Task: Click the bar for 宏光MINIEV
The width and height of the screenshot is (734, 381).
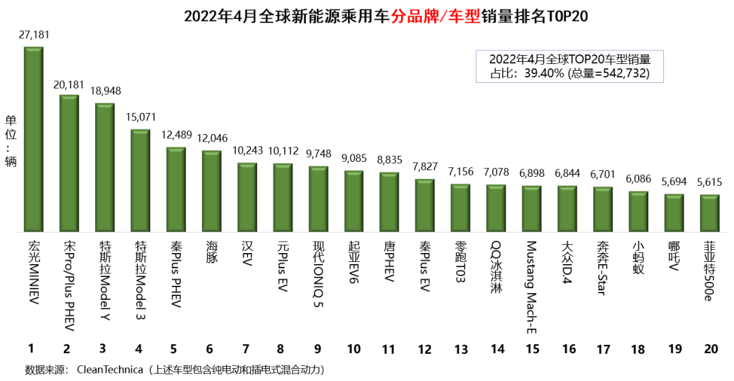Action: (x=33, y=139)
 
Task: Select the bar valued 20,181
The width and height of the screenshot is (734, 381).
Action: (x=69, y=163)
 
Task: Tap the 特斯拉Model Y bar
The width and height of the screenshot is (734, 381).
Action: (x=105, y=167)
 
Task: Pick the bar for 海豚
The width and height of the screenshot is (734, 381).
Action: (x=211, y=191)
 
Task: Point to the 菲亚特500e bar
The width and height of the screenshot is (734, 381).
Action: (x=710, y=214)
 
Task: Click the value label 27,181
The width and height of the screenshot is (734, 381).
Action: (x=34, y=34)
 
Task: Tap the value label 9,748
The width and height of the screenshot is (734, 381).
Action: (x=318, y=154)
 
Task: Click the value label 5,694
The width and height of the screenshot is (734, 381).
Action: (x=674, y=182)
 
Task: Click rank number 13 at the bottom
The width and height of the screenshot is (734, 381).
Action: (x=461, y=349)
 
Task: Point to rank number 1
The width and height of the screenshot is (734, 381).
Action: (x=31, y=349)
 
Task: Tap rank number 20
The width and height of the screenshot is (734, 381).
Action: (x=711, y=349)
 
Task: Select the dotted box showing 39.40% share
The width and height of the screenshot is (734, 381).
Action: (x=569, y=66)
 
